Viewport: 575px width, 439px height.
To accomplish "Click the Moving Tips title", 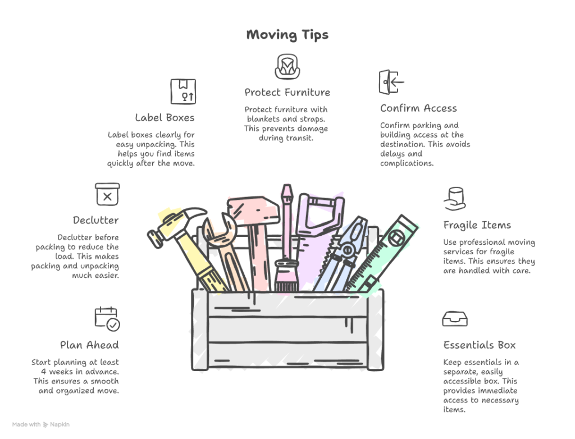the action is coord(287,35).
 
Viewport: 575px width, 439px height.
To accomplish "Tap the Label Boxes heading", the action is coord(165,118).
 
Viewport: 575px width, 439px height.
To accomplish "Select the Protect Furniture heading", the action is coord(287,93).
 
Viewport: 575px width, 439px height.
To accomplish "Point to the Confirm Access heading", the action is coord(418,108).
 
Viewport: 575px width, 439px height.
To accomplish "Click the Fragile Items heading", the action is coord(477,225).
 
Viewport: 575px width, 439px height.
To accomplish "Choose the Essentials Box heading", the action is coord(480,345).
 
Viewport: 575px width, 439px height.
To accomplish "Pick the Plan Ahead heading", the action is coord(89,345).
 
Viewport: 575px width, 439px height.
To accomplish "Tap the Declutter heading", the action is coord(95,221).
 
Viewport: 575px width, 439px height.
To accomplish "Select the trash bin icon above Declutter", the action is coord(107,194).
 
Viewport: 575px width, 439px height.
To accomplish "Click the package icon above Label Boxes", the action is coord(183,92).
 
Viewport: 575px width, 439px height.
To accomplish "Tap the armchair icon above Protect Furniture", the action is coord(287,67).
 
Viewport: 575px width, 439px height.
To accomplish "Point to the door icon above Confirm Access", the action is coord(391,82).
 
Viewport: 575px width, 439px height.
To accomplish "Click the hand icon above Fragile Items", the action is coord(455,199).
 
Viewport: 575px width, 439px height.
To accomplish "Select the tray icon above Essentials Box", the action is coord(455,319).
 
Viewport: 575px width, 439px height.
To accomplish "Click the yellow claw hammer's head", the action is coord(177,224).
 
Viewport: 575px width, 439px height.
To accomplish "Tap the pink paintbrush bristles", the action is coord(287,276).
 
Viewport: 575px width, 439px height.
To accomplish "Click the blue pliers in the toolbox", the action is coord(341,255).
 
